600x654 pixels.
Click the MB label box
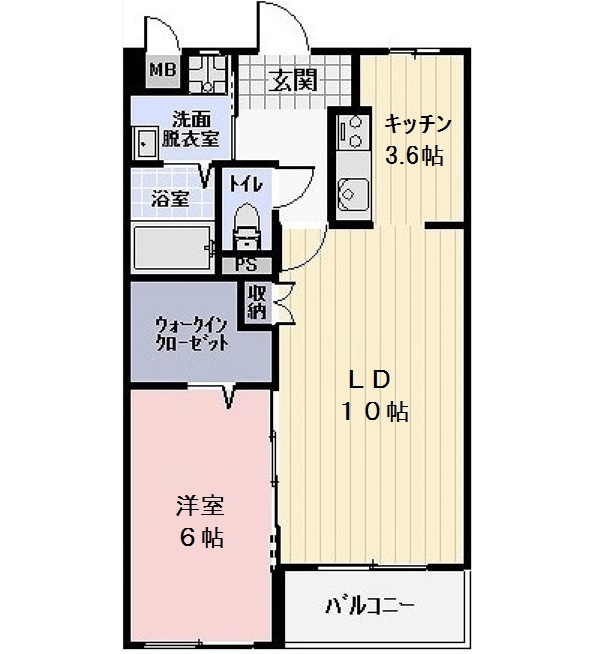[x=162, y=69]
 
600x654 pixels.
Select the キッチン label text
[x=419, y=125]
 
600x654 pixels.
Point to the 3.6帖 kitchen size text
[x=415, y=155]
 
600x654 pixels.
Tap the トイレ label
[x=245, y=184]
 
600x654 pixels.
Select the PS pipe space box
[x=245, y=265]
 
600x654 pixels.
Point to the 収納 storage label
[x=257, y=301]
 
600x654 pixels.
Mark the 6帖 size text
[x=201, y=537]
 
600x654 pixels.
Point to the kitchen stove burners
[x=351, y=129]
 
